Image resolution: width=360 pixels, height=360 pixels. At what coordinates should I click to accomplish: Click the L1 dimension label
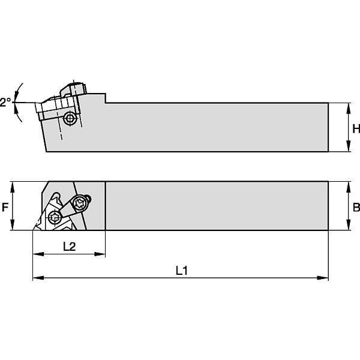coord(182,271)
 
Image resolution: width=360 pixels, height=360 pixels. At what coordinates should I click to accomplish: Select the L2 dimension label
coord(70,247)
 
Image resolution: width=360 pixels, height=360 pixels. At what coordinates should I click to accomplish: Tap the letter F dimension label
coord(5,208)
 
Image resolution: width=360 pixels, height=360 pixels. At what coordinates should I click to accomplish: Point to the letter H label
coord(356,129)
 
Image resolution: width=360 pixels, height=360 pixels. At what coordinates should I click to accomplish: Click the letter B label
coord(356,208)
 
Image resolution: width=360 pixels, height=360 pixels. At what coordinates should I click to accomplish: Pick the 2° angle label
coord(5,102)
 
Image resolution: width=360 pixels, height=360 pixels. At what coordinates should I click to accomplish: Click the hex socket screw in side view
coord(69,118)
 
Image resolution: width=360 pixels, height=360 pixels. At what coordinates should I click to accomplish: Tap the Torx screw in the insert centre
coord(55,217)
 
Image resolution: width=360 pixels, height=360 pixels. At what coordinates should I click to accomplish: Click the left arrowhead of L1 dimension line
coord(38,278)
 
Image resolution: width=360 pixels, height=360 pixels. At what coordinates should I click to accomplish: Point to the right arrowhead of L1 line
coord(323,278)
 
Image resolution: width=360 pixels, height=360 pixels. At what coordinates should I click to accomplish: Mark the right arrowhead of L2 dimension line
coord(100,254)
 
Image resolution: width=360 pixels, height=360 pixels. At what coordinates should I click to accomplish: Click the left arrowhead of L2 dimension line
coord(38,254)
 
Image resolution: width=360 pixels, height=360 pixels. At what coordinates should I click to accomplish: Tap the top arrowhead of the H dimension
coord(348,108)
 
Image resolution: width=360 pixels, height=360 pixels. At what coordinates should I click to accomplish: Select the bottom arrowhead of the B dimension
coord(348,225)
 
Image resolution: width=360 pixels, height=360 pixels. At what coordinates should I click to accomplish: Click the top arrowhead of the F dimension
coord(13,187)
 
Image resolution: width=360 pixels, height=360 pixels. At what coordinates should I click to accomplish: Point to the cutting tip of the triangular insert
coord(33,230)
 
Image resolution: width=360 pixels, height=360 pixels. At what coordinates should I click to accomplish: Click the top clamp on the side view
coord(73,88)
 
